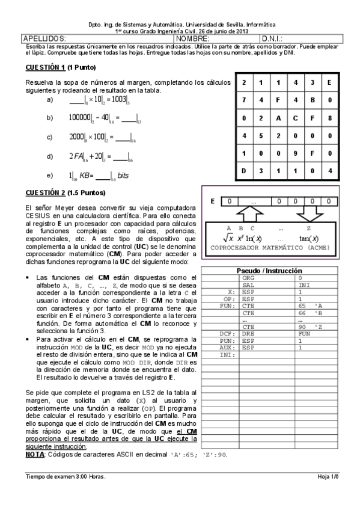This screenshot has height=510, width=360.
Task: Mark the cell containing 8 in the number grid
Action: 330,118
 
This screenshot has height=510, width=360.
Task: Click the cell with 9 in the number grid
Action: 295,153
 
